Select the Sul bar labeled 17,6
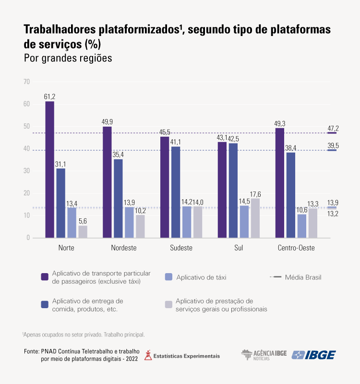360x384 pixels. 255,218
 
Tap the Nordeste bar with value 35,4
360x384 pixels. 118,198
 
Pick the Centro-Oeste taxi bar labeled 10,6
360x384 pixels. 302,226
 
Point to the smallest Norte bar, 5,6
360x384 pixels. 83,231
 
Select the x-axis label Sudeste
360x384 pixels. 181,248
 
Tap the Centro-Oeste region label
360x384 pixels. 296,248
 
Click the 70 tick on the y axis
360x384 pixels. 26,82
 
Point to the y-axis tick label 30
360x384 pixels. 26,171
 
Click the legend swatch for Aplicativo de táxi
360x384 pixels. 168,277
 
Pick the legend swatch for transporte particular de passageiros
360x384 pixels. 45,277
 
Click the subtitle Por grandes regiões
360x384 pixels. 68,58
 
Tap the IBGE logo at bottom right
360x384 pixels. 314,355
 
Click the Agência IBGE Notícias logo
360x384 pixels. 264,355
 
